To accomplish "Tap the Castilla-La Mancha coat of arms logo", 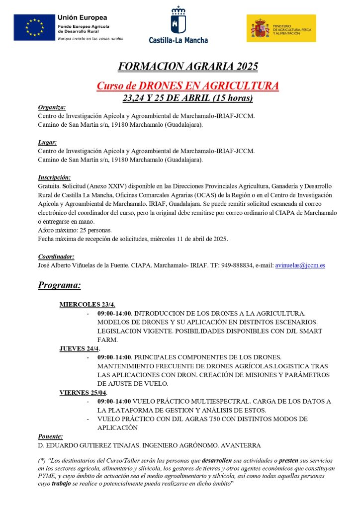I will point(179,19).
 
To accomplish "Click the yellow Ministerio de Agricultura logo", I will point(281,28).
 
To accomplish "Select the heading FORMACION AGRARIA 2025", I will point(188,67).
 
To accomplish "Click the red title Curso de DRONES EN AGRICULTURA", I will point(187,86).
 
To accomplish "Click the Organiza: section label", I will point(52,107).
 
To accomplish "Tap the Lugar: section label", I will point(48,142).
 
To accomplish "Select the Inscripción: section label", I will point(54,177).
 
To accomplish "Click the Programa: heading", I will point(59,285).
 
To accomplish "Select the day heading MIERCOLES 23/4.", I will point(88,305).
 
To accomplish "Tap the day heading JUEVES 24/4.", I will point(80,348).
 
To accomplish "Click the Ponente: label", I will point(50,436).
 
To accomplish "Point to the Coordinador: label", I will point(56,256).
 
